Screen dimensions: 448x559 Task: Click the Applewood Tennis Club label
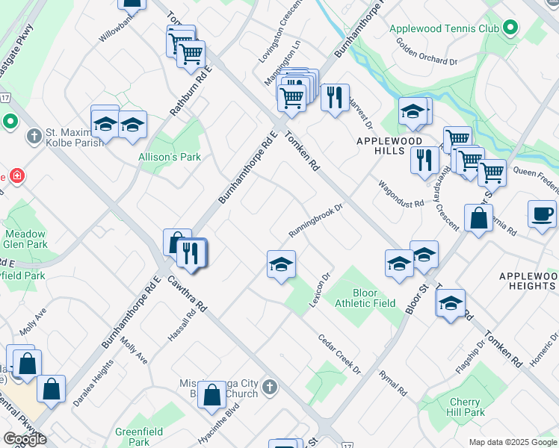point(444,29)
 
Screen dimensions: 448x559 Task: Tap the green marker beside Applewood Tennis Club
point(511,29)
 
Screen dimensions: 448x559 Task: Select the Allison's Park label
point(159,158)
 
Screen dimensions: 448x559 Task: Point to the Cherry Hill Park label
point(465,407)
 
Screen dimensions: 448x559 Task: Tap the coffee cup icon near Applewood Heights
point(542,214)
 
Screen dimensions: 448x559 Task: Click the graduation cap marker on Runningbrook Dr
point(281,265)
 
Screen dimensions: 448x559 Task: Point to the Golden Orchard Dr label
point(422,55)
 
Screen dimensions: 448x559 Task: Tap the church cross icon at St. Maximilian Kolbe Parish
point(33,137)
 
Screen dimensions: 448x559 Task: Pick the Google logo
point(25,439)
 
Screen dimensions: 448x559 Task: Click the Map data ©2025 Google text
point(512,442)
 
